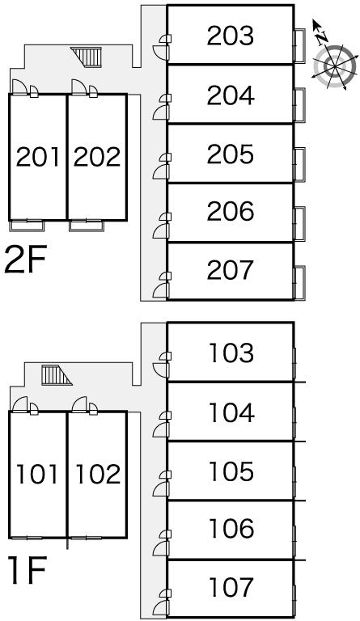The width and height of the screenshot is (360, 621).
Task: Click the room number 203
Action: coord(230,36)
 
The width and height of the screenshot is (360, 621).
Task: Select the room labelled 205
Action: coord(230,154)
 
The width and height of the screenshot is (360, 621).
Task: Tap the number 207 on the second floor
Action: coord(230,270)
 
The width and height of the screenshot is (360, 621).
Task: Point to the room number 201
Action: coord(38,156)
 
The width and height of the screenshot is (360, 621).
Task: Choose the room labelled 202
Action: coord(97,156)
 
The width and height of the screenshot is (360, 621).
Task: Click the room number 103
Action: coord(231,353)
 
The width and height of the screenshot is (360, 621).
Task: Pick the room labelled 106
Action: coord(231,529)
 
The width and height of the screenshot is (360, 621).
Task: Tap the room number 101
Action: coord(37,475)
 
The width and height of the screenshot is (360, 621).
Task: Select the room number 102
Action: coord(98,475)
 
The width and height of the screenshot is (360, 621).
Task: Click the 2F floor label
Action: coord(26,260)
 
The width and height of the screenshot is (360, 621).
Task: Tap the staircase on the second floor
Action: coord(87,57)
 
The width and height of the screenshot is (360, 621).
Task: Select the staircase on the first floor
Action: coord(56,375)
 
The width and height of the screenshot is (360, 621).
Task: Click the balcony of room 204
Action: coord(300,104)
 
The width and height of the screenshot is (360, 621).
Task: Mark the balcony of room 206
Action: coord(300,223)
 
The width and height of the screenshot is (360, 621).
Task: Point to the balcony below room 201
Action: coord(28,226)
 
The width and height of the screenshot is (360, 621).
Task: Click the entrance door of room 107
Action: coord(161,606)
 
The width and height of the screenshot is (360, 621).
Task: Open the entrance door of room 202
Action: coord(79,87)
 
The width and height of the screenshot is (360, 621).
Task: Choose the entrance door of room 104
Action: coord(161,429)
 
